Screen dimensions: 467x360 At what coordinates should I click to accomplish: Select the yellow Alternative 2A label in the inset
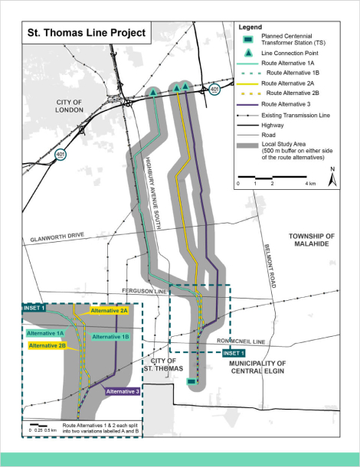tap(109, 311)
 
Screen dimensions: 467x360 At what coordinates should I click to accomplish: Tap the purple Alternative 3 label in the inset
tap(121, 391)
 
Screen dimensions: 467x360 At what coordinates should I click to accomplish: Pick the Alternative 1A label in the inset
tap(45, 333)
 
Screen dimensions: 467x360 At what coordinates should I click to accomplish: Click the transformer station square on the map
tap(191, 380)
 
